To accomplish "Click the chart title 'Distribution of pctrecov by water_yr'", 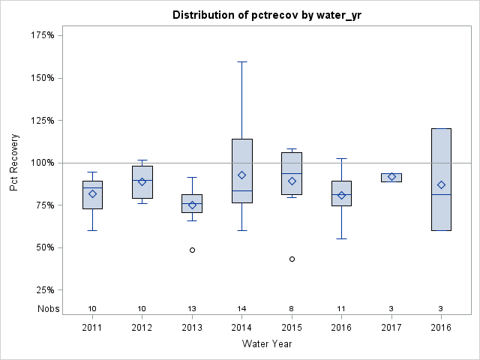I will pyautogui.click(x=267, y=15).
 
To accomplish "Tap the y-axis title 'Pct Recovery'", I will pyautogui.click(x=14, y=163).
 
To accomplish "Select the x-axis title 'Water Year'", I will pyautogui.click(x=267, y=344).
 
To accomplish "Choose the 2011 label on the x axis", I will pyautogui.click(x=92, y=328).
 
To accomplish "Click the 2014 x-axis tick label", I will pyautogui.click(x=241, y=328).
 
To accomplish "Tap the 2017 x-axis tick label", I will pyautogui.click(x=391, y=328).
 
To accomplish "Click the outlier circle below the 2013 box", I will pyautogui.click(x=192, y=250).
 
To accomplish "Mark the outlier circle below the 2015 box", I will pyautogui.click(x=292, y=259).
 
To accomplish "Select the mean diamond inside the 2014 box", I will pyautogui.click(x=241, y=175).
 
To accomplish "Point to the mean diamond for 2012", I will pyautogui.click(x=142, y=181).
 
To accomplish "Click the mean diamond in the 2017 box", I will pyautogui.click(x=391, y=177).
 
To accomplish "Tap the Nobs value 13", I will pyautogui.click(x=192, y=309).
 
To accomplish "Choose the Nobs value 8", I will pyautogui.click(x=292, y=309).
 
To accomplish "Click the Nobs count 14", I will pyautogui.click(x=241, y=309).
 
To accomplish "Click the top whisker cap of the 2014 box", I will pyautogui.click(x=241, y=61).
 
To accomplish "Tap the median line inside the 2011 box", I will pyautogui.click(x=92, y=187).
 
